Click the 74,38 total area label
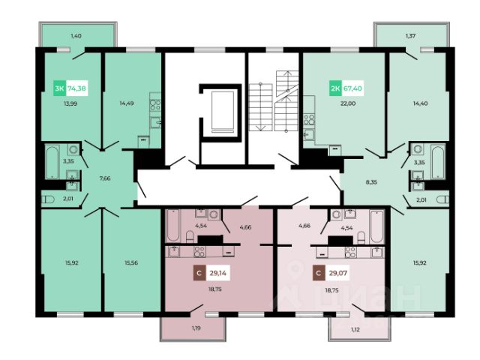76,88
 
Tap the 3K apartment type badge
59,88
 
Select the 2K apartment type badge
335,88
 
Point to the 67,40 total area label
352,88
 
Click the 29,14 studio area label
218,273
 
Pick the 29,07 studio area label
338,273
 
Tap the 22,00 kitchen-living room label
348,103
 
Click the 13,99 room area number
70,103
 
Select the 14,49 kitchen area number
127,103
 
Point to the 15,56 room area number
131,262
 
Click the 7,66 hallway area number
105,178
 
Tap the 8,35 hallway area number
371,182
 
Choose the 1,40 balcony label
76,36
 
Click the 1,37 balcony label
410,36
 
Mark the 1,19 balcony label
196,328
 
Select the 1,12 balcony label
355,330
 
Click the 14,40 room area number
420,103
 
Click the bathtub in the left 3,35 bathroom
52,162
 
